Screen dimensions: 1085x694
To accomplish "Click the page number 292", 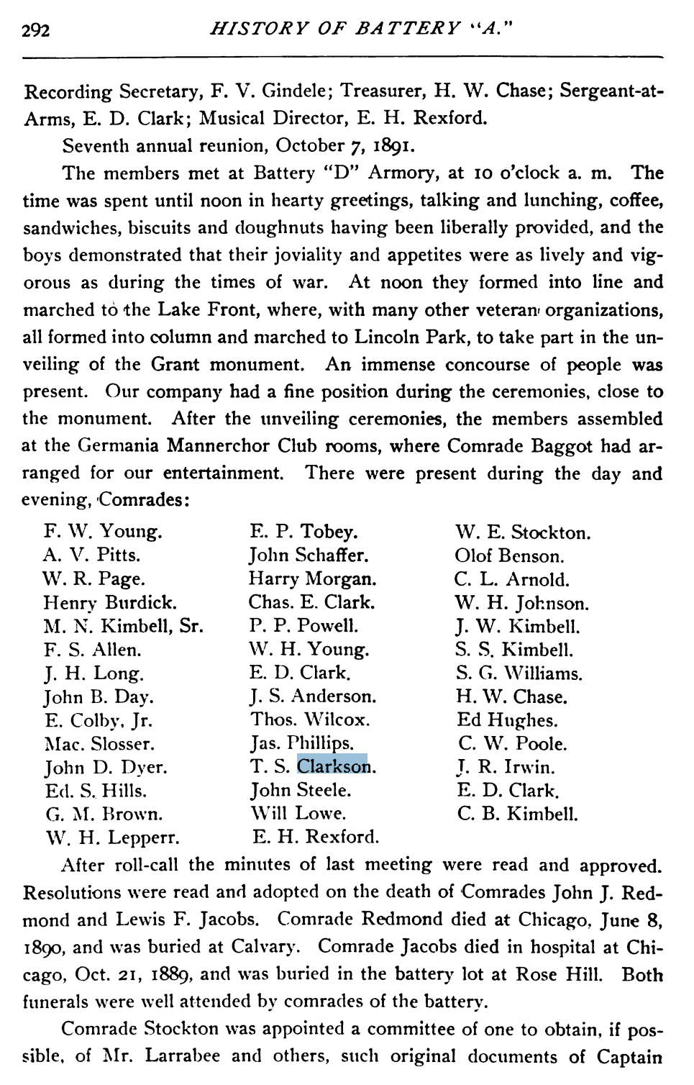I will (36, 31).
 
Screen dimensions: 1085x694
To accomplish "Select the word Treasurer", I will (381, 91).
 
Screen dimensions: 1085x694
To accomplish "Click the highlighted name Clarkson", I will (332, 766).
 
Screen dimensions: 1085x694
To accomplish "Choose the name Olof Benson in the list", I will (509, 556).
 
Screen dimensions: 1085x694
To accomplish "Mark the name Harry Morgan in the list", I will (312, 579).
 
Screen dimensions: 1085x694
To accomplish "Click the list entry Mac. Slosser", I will (99, 744).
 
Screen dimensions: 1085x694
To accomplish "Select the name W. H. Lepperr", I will (112, 838).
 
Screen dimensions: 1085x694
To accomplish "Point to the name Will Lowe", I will (298, 814).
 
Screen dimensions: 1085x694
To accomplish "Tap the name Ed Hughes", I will (507, 720).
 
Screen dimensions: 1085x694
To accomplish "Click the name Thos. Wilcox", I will (310, 719).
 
